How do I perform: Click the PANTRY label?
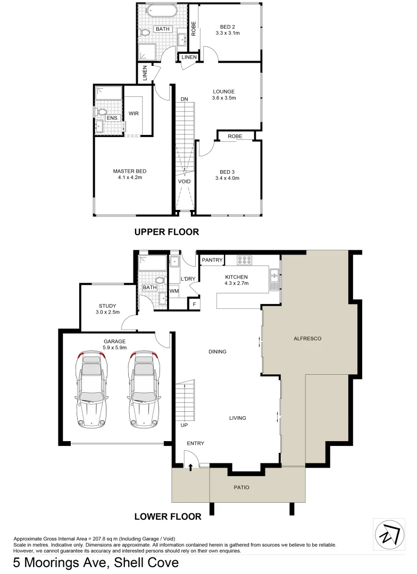(x=211, y=260)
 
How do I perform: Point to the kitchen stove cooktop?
(x=244, y=260)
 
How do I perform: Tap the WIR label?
(x=134, y=113)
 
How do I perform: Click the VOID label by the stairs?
(x=184, y=181)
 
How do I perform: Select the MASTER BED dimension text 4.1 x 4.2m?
(x=129, y=178)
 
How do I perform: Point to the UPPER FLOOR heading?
(x=166, y=232)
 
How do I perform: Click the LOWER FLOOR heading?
(x=168, y=516)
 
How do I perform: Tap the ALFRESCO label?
(x=308, y=338)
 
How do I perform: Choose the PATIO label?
(x=241, y=487)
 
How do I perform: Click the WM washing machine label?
(x=173, y=291)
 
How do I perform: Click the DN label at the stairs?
(x=184, y=99)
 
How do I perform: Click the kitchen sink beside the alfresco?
(x=274, y=276)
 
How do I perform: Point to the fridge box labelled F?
(x=195, y=304)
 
